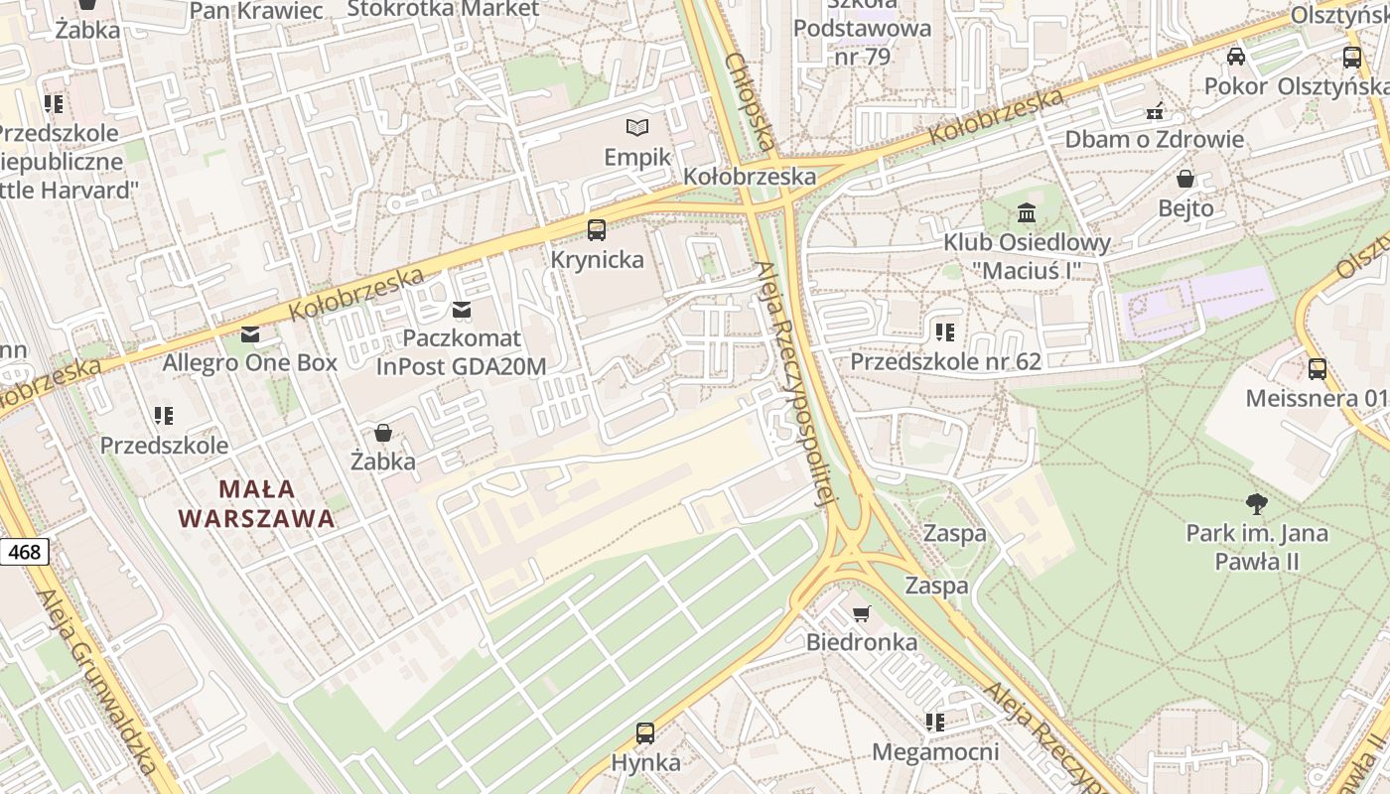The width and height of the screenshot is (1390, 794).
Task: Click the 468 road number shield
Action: [x=23, y=551]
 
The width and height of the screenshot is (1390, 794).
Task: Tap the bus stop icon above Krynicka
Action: [x=597, y=230]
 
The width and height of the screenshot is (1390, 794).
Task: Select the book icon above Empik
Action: [x=637, y=127]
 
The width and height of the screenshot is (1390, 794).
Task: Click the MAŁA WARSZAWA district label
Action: [x=256, y=503]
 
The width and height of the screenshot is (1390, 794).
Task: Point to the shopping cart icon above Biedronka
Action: [x=861, y=613]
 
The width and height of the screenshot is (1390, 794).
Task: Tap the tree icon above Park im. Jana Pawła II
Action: [x=1256, y=504]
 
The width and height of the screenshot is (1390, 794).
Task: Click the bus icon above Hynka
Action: [x=645, y=733]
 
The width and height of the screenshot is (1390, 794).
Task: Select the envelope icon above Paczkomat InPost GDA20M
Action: [x=461, y=310]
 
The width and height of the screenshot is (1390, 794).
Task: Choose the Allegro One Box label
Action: [x=250, y=362]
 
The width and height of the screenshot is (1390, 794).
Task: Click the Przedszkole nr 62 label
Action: [x=945, y=361]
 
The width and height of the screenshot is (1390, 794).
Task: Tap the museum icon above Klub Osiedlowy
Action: [x=1027, y=212]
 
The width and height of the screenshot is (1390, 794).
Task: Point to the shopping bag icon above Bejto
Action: [x=1185, y=179]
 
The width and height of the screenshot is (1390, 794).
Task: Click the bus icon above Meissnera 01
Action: [x=1317, y=369]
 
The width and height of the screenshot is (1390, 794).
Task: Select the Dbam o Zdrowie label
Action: [x=1154, y=139]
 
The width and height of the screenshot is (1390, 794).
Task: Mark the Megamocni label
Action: [x=935, y=751]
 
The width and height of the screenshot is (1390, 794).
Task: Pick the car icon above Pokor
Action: [x=1235, y=57]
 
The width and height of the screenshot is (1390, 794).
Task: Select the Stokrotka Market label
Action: [x=443, y=9]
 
